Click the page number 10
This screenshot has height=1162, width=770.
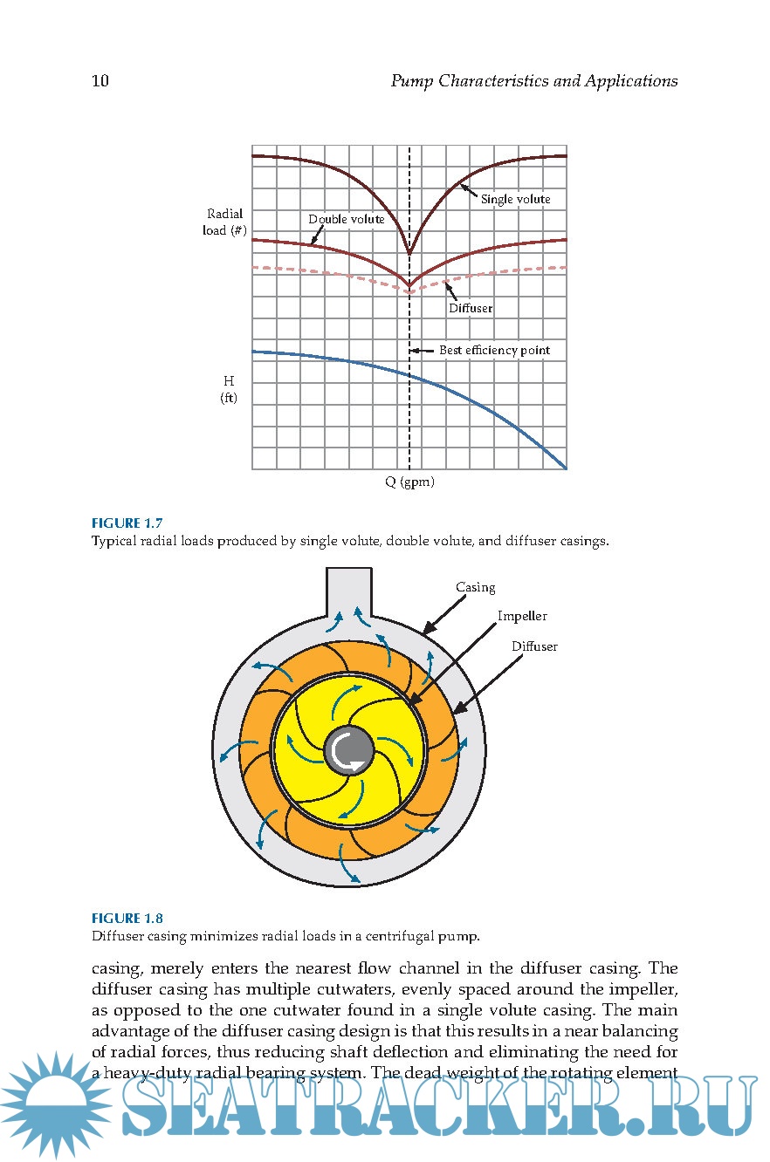[100, 81]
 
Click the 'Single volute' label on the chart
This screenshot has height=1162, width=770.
[515, 200]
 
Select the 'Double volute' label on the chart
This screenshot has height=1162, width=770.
[347, 219]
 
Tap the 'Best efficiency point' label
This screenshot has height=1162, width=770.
[494, 351]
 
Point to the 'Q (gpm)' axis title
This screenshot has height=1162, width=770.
[409, 482]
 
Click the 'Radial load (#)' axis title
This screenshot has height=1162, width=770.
[225, 222]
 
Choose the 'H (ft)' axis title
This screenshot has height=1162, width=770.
[229, 390]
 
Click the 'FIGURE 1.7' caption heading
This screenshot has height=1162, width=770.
[127, 523]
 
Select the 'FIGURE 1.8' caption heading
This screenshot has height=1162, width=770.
[127, 918]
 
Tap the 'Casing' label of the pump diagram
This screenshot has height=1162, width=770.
[476, 587]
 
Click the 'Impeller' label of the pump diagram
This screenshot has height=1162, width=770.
[522, 616]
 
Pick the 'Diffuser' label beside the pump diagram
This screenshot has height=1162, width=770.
[534, 646]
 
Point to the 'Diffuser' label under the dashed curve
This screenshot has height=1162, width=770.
[471, 308]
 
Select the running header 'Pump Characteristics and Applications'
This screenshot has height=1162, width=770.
[533, 81]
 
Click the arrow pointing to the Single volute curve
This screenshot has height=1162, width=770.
[469, 191]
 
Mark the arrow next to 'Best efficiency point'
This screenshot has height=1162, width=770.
[423, 351]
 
